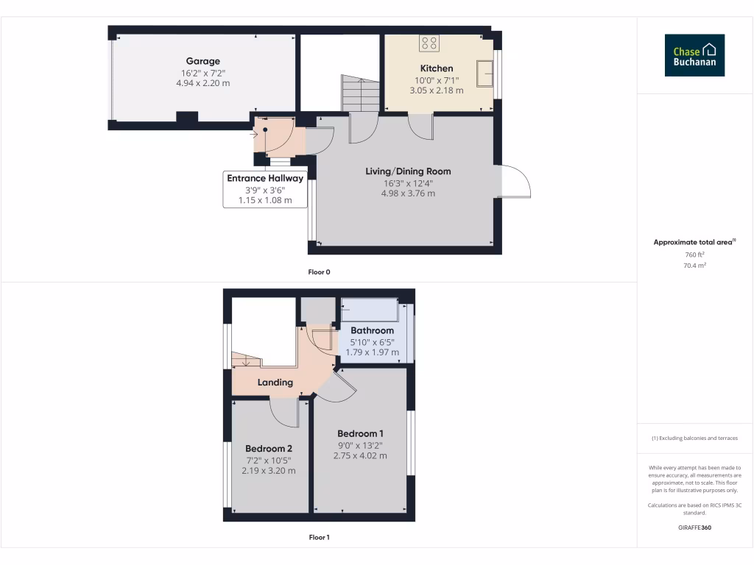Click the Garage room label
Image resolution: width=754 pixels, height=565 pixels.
pos(202,61)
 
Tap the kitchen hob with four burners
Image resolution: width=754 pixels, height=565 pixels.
pos(429,44)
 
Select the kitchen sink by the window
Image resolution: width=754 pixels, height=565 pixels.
pos(485,73)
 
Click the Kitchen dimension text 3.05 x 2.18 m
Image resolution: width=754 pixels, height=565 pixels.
pos(437,90)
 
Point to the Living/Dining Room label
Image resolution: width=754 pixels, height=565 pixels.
pos(408,171)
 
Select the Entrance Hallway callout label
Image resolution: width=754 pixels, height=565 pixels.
pos(265,179)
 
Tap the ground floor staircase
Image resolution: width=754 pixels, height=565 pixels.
pos(359,93)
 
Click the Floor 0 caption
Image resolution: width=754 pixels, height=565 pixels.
pos(319,272)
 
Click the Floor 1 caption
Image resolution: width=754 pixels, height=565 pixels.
pos(319,538)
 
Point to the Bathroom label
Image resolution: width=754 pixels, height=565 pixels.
pos(372,330)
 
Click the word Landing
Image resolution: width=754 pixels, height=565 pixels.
pos(275,383)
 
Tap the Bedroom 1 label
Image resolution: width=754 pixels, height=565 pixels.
pos(360,433)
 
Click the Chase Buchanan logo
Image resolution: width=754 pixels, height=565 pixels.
pos(694,56)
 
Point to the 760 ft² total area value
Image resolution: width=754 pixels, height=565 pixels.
pos(694,255)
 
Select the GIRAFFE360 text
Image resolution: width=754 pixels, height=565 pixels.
pos(694,527)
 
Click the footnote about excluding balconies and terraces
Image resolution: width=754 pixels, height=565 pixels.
pos(694,438)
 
